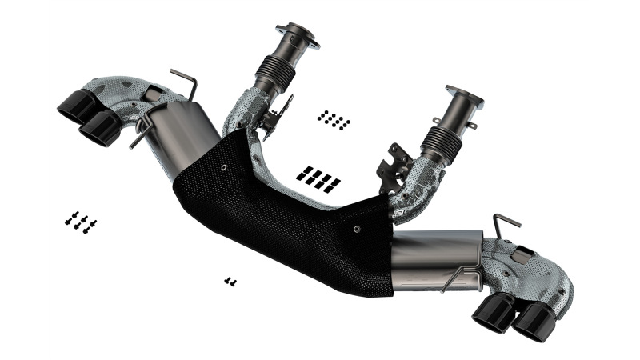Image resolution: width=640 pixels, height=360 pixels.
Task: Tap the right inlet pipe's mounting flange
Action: point(464,97)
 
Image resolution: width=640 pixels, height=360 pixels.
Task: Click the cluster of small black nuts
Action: point(333,120)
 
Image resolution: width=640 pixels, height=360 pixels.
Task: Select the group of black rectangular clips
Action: point(318,178)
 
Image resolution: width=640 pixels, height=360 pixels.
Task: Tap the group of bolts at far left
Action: point(80,222)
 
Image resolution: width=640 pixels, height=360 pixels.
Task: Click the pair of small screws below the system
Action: point(230,281)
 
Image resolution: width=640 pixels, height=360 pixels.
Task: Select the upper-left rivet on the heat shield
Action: point(223,167)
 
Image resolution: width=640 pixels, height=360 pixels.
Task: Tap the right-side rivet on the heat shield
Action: point(357,227)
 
